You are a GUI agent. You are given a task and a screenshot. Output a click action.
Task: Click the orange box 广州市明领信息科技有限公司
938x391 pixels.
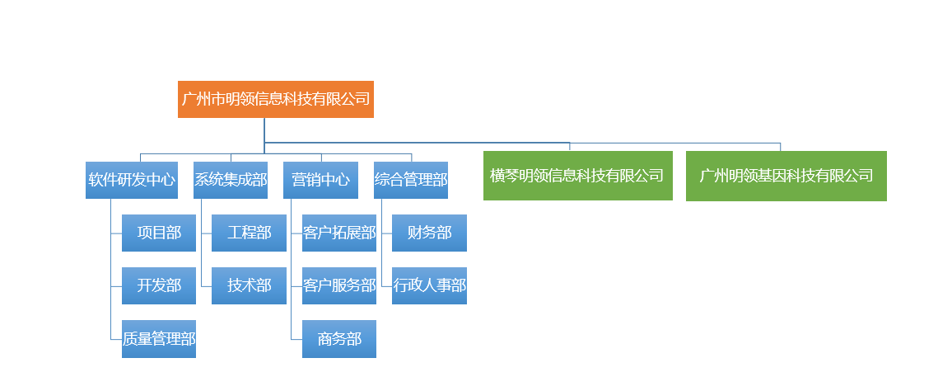[276, 99]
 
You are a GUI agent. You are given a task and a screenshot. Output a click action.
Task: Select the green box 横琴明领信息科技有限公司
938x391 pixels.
[578, 176]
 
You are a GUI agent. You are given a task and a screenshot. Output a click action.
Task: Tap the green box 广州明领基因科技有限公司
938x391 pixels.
[786, 176]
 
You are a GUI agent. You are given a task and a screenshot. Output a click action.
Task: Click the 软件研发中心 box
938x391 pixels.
[132, 180]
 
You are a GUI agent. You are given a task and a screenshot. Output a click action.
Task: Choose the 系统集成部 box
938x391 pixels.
[231, 180]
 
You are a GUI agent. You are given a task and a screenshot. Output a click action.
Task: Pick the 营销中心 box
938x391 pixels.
[320, 180]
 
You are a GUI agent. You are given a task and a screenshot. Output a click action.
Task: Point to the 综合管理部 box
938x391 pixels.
[411, 180]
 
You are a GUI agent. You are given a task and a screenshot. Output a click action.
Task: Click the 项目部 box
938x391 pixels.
[159, 233]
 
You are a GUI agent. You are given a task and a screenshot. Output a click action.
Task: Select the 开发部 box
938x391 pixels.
[159, 285]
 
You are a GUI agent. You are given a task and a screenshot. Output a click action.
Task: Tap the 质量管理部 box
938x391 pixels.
[159, 339]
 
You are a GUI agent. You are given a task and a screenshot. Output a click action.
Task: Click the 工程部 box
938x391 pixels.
[249, 233]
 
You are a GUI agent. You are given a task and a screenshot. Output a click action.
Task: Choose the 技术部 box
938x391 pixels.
[249, 285]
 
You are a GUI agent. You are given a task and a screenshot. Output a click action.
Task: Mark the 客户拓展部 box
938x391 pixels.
[339, 233]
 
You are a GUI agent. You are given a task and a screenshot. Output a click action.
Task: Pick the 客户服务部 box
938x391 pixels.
[339, 285]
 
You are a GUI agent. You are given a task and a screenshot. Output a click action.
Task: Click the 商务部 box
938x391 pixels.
[339, 339]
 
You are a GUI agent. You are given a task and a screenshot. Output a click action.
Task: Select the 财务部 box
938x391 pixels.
[430, 233]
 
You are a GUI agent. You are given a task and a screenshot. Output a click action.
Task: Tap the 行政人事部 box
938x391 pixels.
[430, 285]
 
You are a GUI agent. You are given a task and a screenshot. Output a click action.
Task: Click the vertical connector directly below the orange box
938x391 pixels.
[264, 130]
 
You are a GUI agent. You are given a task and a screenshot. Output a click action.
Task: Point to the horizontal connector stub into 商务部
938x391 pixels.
[296, 340]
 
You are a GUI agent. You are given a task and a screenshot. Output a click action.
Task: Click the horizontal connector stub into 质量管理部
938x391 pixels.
[117, 340]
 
